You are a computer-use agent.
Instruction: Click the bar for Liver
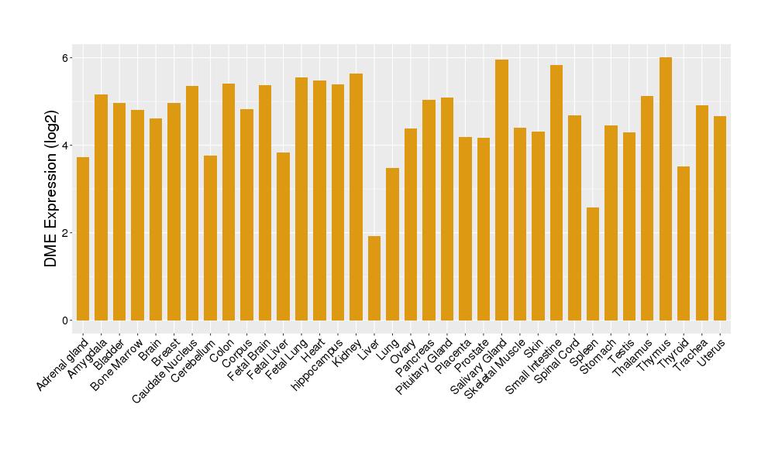point(374,279)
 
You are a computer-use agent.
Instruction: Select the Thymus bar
point(666,189)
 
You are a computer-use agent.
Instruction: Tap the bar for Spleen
point(593,264)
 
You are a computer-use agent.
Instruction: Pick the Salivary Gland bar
point(501,190)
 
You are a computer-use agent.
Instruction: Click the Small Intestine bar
point(556,193)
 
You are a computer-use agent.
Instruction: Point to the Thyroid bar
point(684,243)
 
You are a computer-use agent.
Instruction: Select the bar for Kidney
point(356,197)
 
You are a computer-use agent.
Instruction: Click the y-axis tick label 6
point(66,58)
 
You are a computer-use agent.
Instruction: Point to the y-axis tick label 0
point(66,320)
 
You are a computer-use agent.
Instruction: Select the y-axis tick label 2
point(66,233)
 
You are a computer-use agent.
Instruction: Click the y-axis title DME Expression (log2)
point(51,190)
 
